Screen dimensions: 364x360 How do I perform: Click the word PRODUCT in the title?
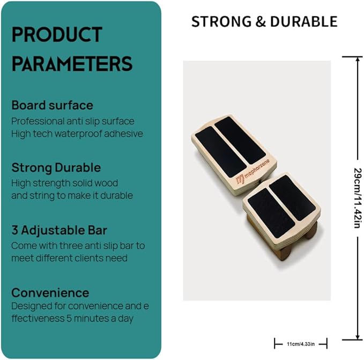pyautogui.click(x=57, y=34)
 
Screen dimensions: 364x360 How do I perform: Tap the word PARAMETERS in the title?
pyautogui.click(x=72, y=63)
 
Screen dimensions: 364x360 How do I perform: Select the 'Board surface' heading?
pyautogui.click(x=52, y=105)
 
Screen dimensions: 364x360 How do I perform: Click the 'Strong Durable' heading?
pyautogui.click(x=56, y=168)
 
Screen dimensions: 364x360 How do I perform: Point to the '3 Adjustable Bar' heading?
pyautogui.click(x=59, y=230)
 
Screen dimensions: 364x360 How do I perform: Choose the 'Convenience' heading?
pyautogui.click(x=50, y=292)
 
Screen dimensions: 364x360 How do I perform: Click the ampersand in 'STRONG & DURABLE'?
pyautogui.click(x=261, y=21)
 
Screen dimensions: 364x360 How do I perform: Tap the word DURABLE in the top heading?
pyautogui.click(x=303, y=21)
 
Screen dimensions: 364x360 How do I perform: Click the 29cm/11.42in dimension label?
pyautogui.click(x=358, y=198)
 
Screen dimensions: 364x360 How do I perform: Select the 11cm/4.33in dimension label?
pyautogui.click(x=301, y=344)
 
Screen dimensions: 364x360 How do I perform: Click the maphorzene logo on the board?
pyautogui.click(x=252, y=172)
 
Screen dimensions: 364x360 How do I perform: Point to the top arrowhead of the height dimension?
pyautogui.click(x=358, y=60)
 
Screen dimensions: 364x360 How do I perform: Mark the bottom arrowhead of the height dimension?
pyautogui.click(x=358, y=337)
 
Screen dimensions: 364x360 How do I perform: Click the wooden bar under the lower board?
pyautogui.click(x=284, y=253)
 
